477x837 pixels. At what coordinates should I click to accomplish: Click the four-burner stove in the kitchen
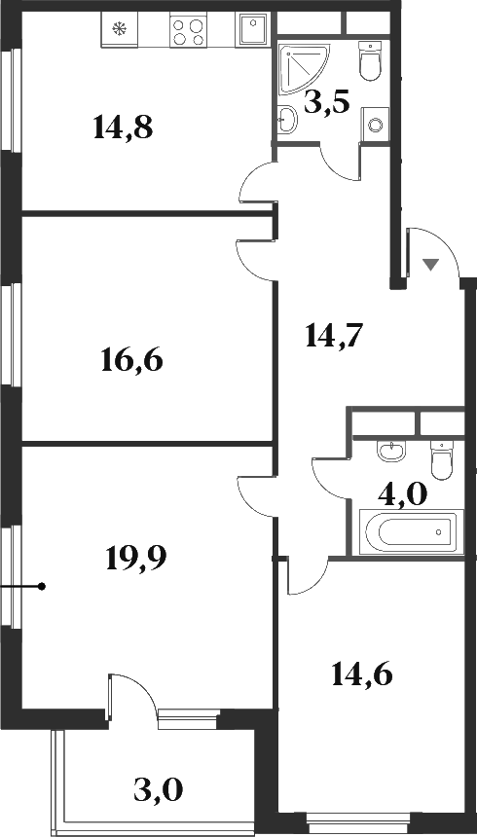pyautogui.click(x=188, y=32)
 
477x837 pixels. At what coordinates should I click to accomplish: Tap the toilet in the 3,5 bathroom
pyautogui.click(x=369, y=62)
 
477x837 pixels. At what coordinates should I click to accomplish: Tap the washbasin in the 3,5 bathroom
pyautogui.click(x=289, y=120)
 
